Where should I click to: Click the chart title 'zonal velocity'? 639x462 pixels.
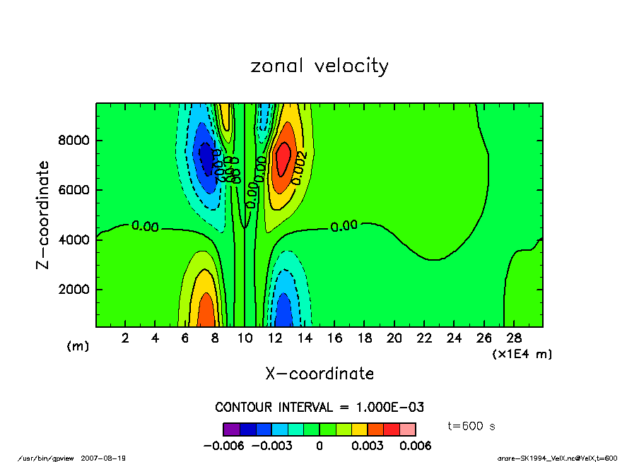319,66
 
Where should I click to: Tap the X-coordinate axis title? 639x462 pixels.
319,374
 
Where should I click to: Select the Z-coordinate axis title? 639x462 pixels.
43,214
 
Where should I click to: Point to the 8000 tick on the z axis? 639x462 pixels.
74,141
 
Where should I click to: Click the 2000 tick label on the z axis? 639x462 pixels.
74,290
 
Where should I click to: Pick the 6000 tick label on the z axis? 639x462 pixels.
74,190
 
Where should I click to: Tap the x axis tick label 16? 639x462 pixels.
334,338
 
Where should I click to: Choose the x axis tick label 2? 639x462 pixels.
126,338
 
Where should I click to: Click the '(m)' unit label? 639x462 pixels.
78,346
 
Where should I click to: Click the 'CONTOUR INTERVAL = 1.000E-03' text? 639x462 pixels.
319,408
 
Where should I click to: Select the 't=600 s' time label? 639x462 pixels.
472,426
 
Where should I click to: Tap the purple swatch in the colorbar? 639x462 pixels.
231,429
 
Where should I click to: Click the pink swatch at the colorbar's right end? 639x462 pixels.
407,429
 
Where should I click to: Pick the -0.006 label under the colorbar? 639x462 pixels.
223,446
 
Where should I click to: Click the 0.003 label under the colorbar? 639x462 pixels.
367,446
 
